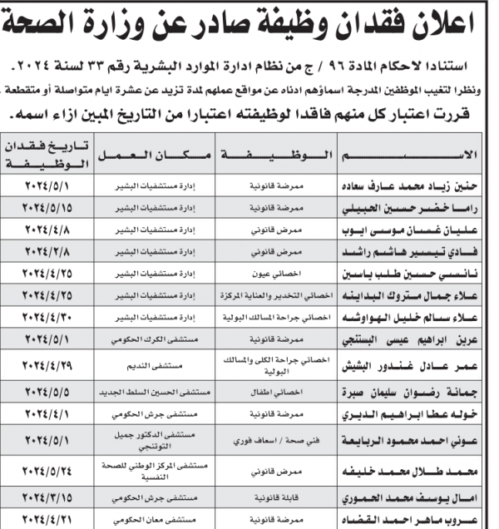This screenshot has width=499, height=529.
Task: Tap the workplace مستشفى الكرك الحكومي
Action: tap(154, 339)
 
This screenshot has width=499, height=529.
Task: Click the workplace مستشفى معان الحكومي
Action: tap(154, 520)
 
